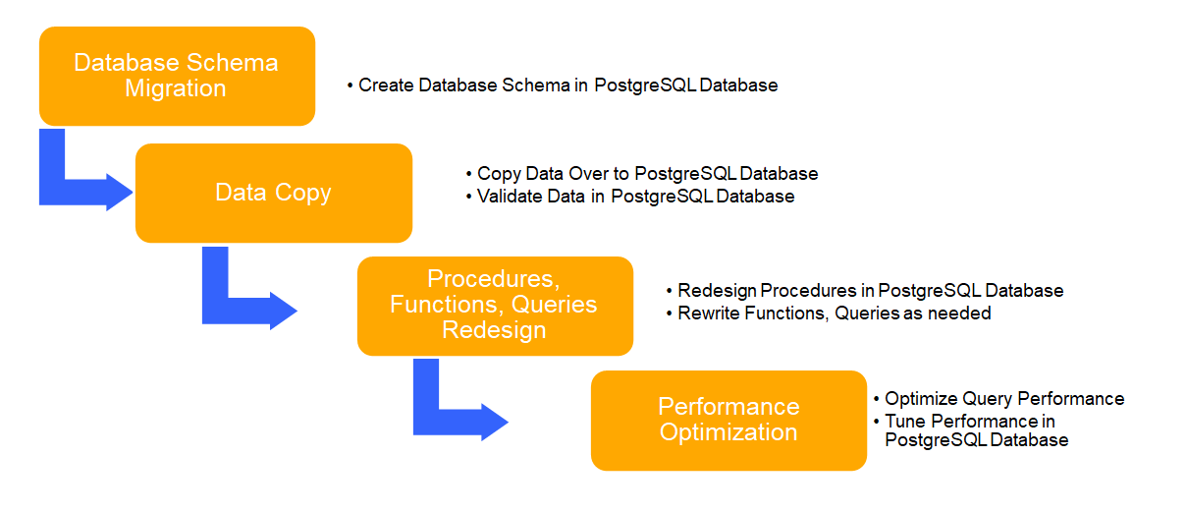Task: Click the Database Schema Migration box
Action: tap(177, 76)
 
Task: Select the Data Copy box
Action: tap(273, 193)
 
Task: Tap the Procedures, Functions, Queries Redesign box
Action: tap(495, 306)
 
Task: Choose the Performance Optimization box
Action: tap(728, 420)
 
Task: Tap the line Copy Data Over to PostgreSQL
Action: tap(647, 174)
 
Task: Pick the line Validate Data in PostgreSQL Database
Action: tap(635, 197)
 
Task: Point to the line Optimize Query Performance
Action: tap(1004, 399)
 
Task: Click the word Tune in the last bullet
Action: tap(904, 421)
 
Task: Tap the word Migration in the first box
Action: tap(176, 88)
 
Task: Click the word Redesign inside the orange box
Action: tap(494, 330)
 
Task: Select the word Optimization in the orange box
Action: tap(728, 432)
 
